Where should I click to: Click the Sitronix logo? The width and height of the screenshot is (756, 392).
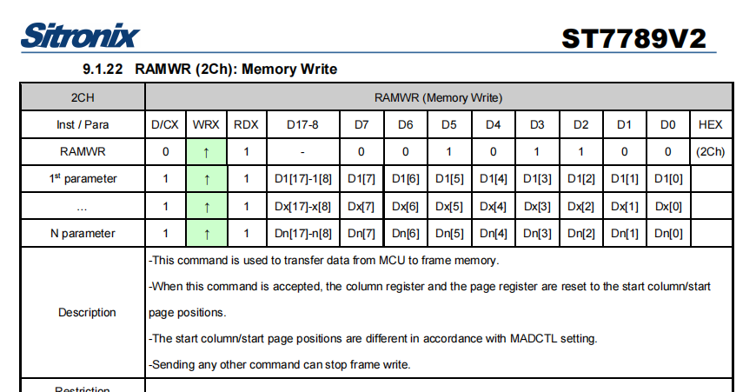pyautogui.click(x=80, y=35)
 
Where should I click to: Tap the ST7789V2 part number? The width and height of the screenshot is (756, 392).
pyautogui.click(x=633, y=38)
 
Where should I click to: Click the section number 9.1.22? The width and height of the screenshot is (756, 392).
pyautogui.click(x=103, y=69)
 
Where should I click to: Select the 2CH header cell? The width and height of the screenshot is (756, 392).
pyautogui.click(x=83, y=97)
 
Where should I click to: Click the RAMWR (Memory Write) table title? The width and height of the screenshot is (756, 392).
pyautogui.click(x=438, y=98)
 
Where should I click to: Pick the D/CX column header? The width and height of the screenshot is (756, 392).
pyautogui.click(x=165, y=124)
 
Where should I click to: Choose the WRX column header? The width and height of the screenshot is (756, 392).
pyautogui.click(x=206, y=124)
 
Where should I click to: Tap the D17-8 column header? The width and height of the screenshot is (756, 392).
pyautogui.click(x=302, y=124)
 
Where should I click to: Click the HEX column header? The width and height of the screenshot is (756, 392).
pyautogui.click(x=710, y=124)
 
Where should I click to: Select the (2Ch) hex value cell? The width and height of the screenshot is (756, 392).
pyautogui.click(x=710, y=152)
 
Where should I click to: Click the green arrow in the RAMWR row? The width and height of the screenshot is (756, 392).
pyautogui.click(x=206, y=152)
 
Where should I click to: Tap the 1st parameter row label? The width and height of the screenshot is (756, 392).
pyautogui.click(x=83, y=178)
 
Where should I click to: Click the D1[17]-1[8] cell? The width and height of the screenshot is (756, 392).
pyautogui.click(x=302, y=179)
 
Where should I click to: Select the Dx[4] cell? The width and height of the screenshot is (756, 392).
pyautogui.click(x=493, y=206)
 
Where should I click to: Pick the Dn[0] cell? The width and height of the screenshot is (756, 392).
pyautogui.click(x=668, y=233)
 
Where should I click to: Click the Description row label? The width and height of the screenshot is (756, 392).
pyautogui.click(x=87, y=312)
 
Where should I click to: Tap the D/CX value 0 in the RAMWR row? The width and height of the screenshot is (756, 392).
pyautogui.click(x=165, y=152)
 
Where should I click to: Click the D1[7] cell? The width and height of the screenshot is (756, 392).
pyautogui.click(x=361, y=179)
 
